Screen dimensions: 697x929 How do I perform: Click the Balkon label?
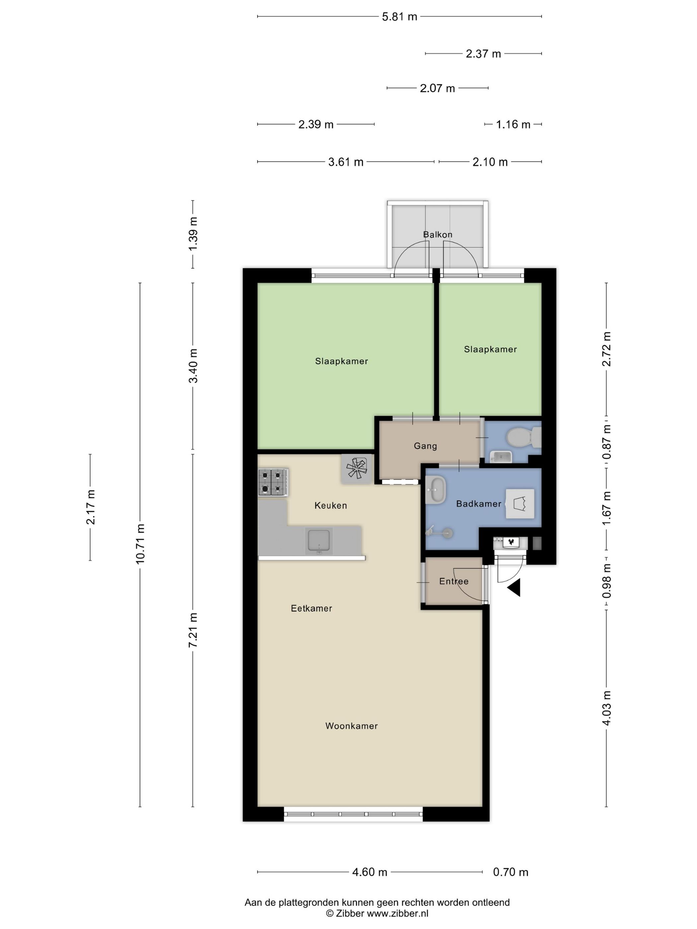pyautogui.click(x=437, y=234)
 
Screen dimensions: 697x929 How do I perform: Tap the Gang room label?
pyautogui.click(x=425, y=446)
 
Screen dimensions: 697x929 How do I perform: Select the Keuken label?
pyautogui.click(x=331, y=505)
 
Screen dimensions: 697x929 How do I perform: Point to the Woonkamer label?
pyautogui.click(x=351, y=726)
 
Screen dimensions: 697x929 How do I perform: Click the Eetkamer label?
pyautogui.click(x=311, y=608)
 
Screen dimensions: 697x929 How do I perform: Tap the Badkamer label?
pyautogui.click(x=479, y=504)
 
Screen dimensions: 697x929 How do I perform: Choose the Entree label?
pyautogui.click(x=454, y=581)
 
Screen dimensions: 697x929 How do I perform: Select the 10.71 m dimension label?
pyautogui.click(x=140, y=543)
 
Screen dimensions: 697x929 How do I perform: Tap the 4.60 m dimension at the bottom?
pyautogui.click(x=370, y=872)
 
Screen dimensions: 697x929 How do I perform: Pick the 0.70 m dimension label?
pyautogui.click(x=510, y=872)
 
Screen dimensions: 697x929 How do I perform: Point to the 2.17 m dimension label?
pyautogui.click(x=90, y=507)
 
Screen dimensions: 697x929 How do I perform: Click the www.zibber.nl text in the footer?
pyautogui.click(x=397, y=913)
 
